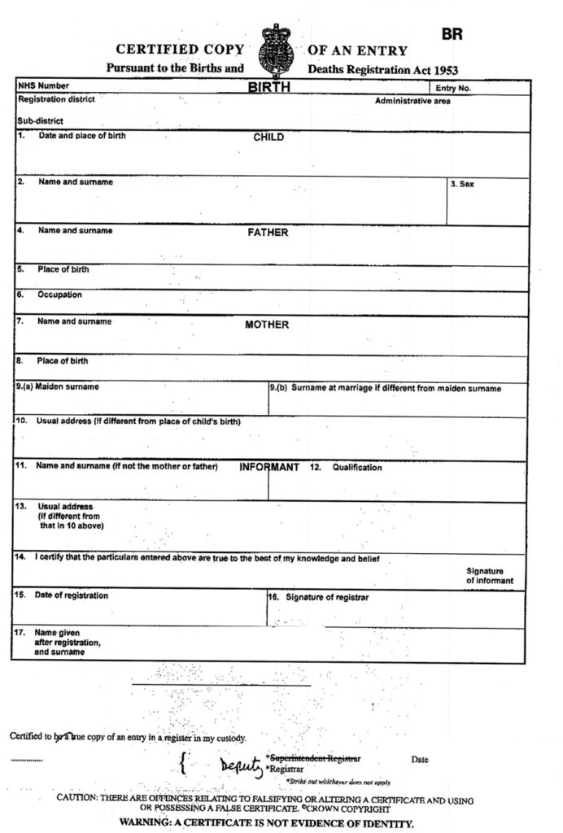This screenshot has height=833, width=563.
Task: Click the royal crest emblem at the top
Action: coord(276,50)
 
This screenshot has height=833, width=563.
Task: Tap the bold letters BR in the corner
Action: coord(452,35)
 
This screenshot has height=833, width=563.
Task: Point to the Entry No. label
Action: coord(452,88)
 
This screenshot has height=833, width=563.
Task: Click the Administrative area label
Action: coord(412,102)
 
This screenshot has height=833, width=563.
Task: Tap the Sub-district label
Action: coord(35,120)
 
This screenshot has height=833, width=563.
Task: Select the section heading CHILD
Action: coord(268,137)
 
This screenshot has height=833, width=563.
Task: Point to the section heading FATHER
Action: coord(268,233)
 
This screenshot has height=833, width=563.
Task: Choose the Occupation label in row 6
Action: coord(59,294)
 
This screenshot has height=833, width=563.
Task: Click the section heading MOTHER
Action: coord(267,325)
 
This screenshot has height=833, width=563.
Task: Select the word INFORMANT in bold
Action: coord(269,468)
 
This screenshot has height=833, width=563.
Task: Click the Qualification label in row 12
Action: coord(356,468)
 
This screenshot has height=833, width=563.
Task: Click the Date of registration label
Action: coord(71,595)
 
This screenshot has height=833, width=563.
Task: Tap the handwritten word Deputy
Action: coord(242,765)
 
